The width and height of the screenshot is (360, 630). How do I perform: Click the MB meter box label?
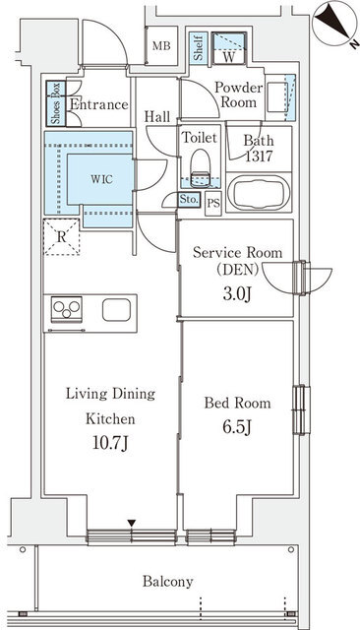pos(161,46)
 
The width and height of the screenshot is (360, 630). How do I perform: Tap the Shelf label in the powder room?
pos(199,48)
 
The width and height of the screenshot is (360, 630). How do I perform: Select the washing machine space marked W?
pos(229,48)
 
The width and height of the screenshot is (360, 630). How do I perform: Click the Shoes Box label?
pos(56,103)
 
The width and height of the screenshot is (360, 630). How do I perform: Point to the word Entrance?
pos(99,105)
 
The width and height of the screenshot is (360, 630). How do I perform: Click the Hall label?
pos(157,117)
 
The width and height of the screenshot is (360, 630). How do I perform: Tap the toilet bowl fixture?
pos(201,168)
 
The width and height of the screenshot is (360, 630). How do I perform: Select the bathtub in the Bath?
pos(259,193)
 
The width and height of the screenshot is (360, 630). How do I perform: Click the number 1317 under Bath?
pos(259,156)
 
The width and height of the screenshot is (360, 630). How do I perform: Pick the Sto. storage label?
pos(189,199)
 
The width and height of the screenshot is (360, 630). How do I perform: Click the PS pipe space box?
pos(213,204)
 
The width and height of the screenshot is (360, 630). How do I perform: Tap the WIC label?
pos(101,179)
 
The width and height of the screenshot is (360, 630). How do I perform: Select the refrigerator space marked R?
pos(61,237)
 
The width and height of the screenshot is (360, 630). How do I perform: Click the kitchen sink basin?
pos(116,310)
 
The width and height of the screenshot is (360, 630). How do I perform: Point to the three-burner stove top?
pos(67,309)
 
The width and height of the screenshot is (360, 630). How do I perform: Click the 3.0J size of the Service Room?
pos(237,293)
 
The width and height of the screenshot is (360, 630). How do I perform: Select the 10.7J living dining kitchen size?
pos(110,443)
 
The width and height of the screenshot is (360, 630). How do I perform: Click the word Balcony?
pos(168,582)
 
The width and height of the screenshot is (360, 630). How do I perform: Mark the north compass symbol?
pos(334,21)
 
